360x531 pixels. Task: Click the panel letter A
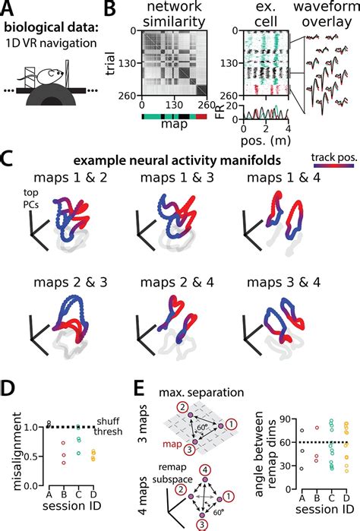coord(10,10)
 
